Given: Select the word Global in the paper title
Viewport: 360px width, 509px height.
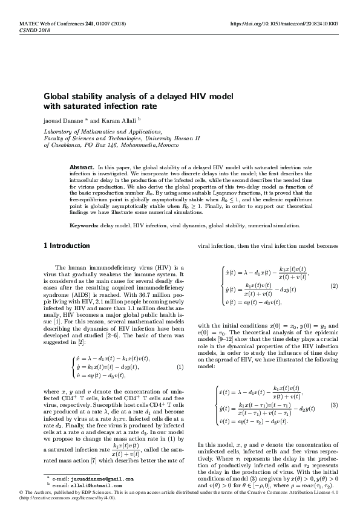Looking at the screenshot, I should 56,96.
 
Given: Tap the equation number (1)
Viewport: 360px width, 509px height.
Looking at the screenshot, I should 180,367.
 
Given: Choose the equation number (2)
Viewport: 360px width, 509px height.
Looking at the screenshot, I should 333,286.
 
